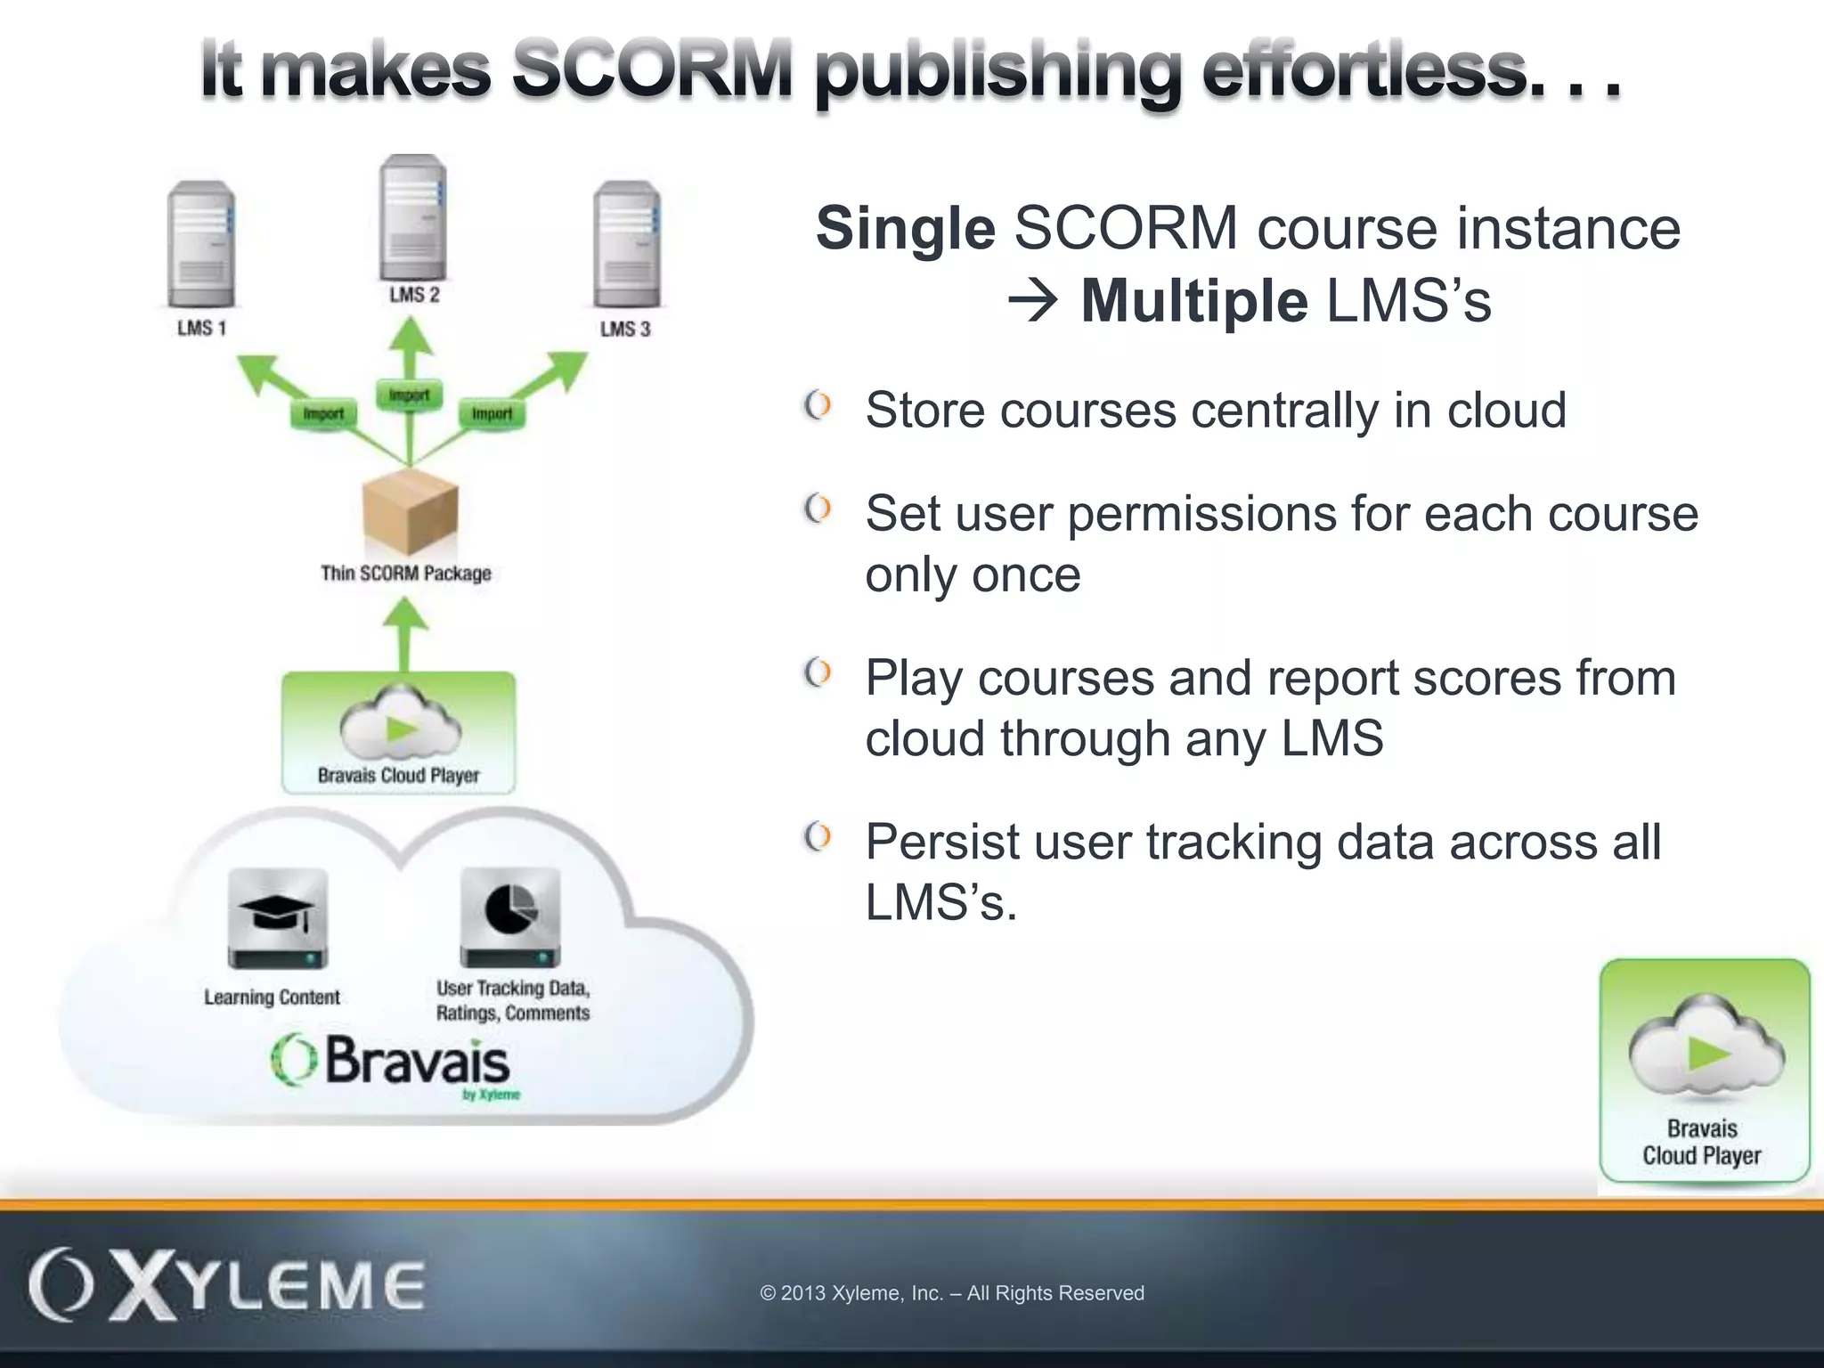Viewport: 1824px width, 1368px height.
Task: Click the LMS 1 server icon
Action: point(201,244)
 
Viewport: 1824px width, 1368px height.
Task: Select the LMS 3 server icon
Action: point(627,244)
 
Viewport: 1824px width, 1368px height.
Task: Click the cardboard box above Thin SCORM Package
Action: point(411,513)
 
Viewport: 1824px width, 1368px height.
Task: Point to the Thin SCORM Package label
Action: point(406,574)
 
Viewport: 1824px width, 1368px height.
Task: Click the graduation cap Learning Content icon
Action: point(277,917)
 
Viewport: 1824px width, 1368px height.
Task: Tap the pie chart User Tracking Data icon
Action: point(510,917)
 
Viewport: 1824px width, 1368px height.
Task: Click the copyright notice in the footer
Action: point(951,1293)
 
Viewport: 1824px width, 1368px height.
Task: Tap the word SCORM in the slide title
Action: point(651,71)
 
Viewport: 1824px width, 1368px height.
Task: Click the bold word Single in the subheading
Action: point(905,229)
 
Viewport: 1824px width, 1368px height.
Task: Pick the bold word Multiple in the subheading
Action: point(1193,302)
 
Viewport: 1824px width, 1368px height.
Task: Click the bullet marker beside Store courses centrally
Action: point(818,406)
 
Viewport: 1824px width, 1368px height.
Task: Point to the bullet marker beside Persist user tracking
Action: point(818,837)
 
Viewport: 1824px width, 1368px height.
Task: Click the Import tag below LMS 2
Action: point(409,395)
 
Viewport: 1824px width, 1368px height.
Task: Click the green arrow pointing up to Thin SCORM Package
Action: point(406,633)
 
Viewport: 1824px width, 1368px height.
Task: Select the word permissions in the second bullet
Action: point(1201,515)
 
